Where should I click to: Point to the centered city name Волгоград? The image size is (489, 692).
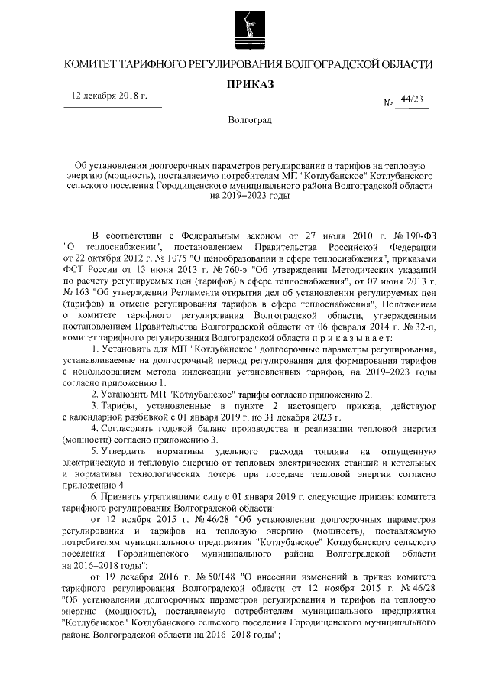(246, 121)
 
